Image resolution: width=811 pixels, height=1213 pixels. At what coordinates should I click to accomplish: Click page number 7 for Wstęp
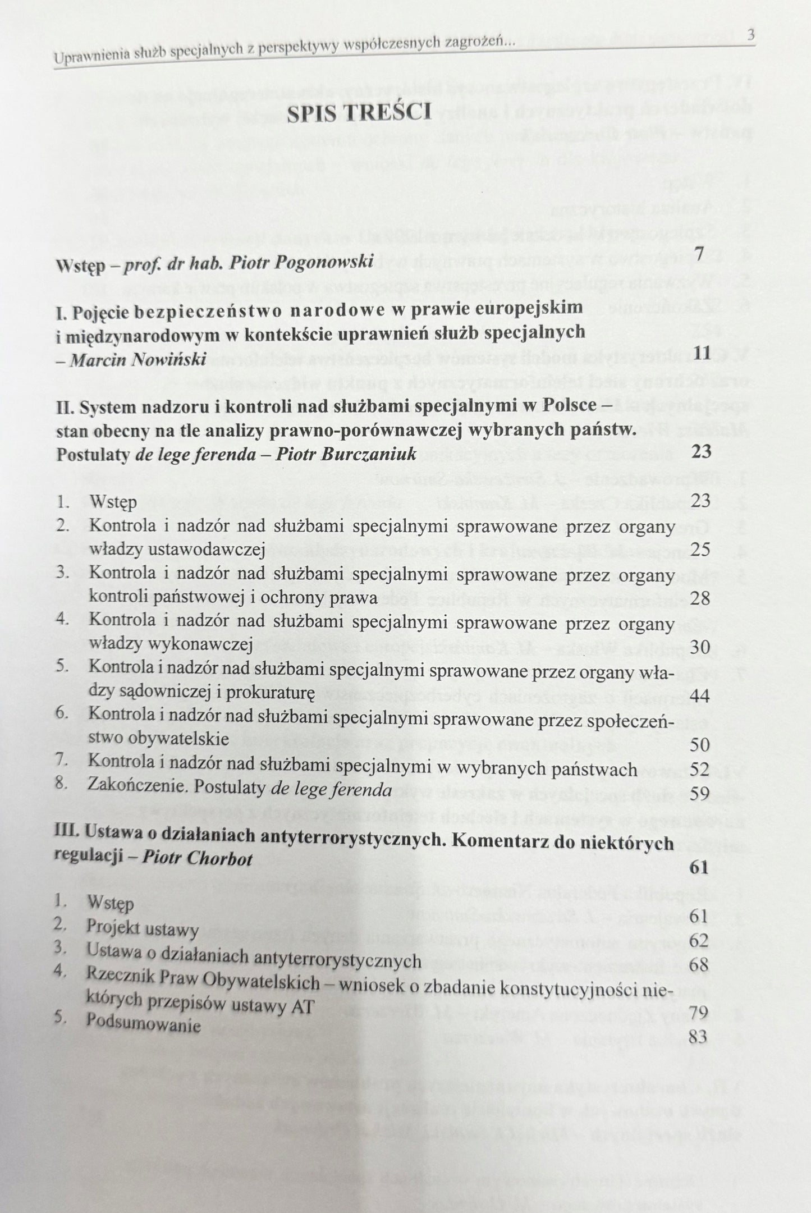(699, 254)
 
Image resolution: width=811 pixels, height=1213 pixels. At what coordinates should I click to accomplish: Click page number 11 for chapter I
(702, 353)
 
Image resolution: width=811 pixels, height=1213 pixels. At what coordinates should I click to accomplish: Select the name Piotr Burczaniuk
(346, 454)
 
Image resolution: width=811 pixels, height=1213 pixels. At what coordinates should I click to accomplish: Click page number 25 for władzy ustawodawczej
(700, 548)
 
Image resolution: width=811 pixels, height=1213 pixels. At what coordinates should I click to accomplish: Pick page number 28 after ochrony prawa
(700, 598)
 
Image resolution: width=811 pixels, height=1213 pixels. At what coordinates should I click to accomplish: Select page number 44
(700, 697)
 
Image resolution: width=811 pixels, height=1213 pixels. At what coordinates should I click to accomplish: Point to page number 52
(700, 769)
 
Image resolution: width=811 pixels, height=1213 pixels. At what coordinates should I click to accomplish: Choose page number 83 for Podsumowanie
(699, 1037)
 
